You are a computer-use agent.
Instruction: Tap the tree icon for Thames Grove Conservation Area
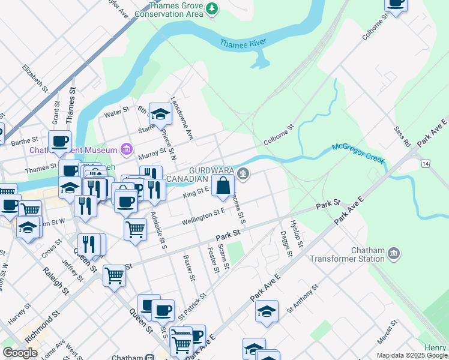pyautogui.click(x=211, y=8)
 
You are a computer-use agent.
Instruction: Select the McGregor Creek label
pyautogui.click(x=358, y=154)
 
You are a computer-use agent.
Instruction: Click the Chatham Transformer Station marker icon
pyautogui.click(x=394, y=253)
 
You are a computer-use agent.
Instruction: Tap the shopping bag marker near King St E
pyautogui.click(x=223, y=185)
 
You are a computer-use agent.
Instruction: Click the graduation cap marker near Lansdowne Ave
pyautogui.click(x=160, y=113)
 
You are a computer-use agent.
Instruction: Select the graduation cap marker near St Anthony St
pyautogui.click(x=267, y=311)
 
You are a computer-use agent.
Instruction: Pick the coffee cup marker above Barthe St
pyautogui.click(x=59, y=142)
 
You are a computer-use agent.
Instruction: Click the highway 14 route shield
pyautogui.click(x=426, y=163)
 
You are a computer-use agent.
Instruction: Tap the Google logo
pyautogui.click(x=20, y=352)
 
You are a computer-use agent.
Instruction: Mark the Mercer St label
pyautogui.click(x=387, y=332)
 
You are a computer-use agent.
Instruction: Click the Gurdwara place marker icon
pyautogui.click(x=243, y=175)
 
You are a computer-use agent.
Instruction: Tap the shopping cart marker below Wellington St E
pyautogui.click(x=136, y=229)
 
